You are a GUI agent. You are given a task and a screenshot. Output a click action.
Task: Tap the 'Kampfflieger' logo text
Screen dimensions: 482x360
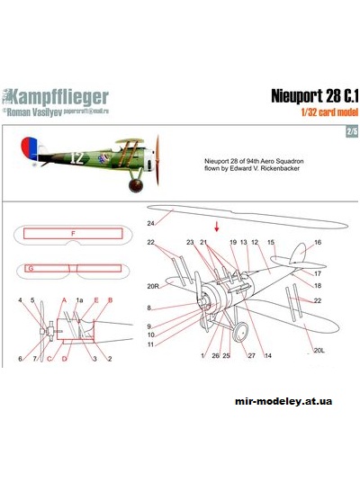click(69, 95)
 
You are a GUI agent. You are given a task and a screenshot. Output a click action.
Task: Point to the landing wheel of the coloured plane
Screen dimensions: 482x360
click(136, 186)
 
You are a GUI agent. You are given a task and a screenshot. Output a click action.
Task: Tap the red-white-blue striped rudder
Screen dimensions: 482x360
click(24, 148)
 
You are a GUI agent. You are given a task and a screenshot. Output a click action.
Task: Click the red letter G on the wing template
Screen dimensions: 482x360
click(31, 268)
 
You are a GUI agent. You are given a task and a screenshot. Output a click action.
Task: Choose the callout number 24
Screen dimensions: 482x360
click(151, 220)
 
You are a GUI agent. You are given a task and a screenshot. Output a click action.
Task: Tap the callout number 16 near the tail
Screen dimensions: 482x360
click(317, 243)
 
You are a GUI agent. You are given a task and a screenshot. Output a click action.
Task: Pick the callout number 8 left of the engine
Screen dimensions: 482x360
click(148, 308)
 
